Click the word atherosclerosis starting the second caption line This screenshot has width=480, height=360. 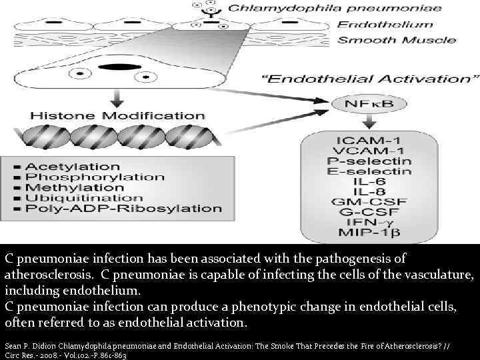coord(42,273)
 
